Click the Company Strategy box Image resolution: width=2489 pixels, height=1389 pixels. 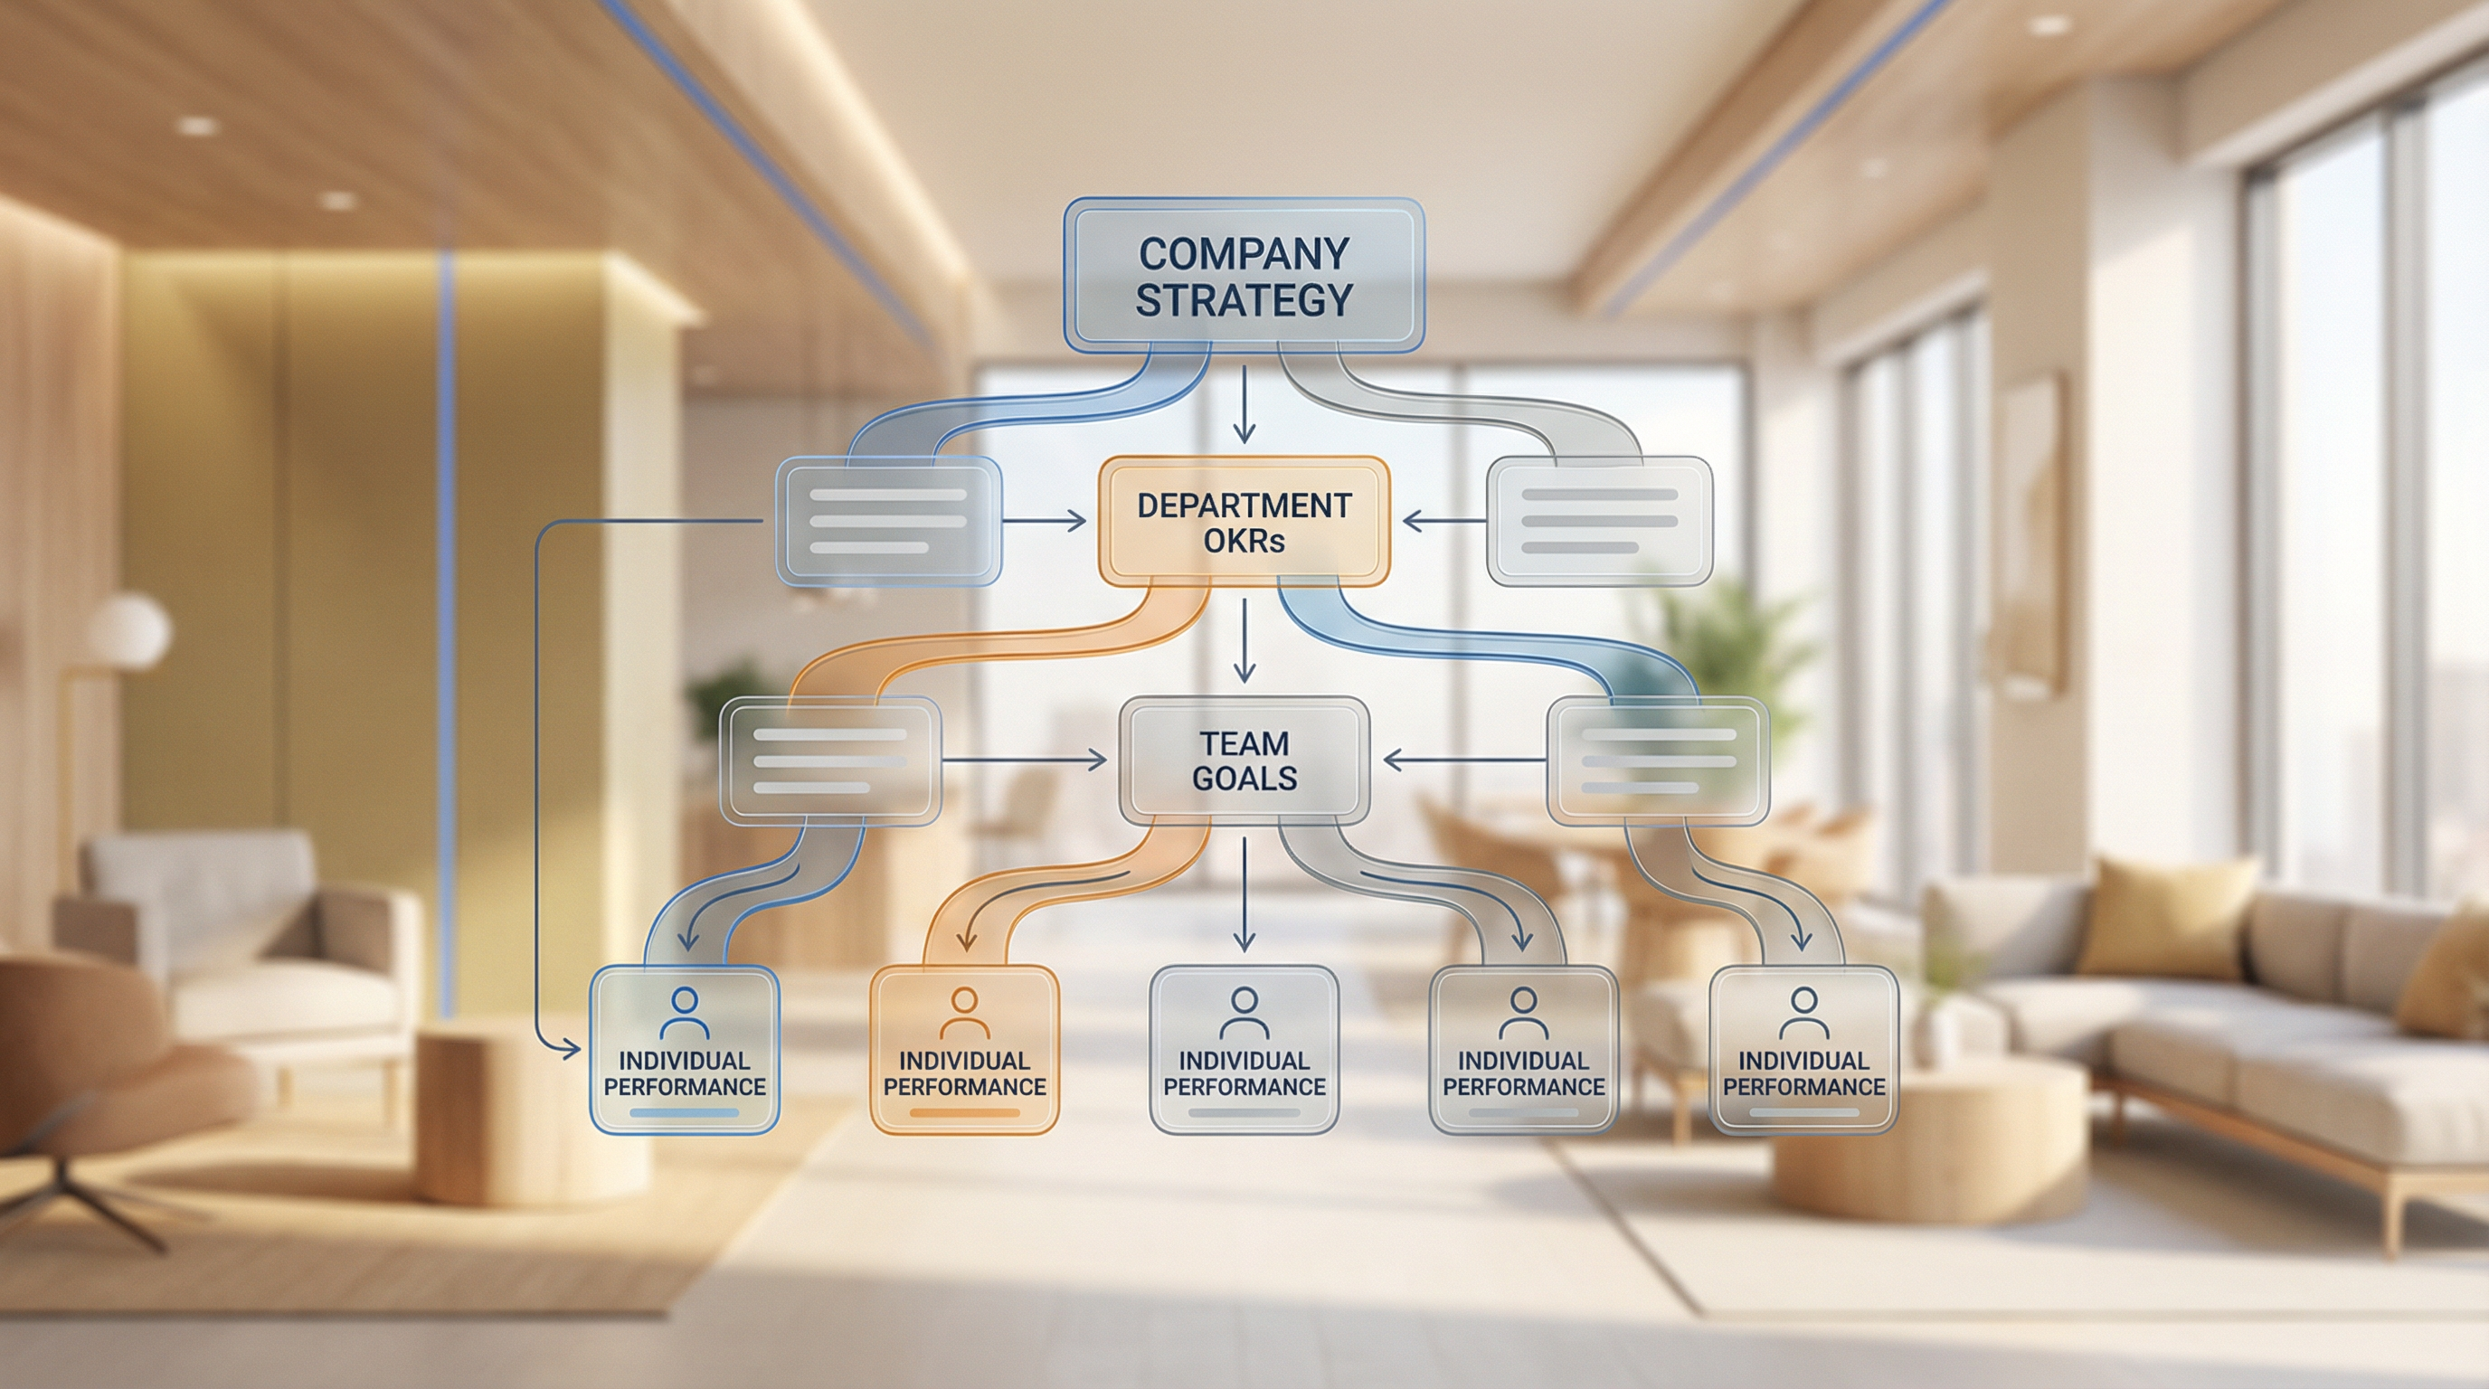1244,275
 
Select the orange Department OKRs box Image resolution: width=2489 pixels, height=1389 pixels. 1244,522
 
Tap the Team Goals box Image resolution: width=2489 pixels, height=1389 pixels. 1244,761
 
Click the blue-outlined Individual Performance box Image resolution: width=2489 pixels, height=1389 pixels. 684,1049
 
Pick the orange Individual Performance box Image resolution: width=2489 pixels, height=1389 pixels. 964,1049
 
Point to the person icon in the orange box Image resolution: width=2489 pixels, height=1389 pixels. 964,1011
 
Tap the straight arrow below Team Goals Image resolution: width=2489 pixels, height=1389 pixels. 1244,893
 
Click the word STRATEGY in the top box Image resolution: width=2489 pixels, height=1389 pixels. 1244,300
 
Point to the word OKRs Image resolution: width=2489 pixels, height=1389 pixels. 1244,541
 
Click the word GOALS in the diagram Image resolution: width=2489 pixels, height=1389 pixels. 1244,779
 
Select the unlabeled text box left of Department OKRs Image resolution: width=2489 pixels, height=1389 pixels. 888,522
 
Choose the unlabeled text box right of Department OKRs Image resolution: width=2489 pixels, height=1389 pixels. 1599,522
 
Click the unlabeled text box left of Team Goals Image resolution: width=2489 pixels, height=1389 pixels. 830,761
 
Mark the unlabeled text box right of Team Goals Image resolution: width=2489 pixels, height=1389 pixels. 1658,761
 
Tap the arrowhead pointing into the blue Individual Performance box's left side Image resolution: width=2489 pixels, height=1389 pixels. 571,1048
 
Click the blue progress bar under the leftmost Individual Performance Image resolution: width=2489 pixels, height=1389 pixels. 684,1113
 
